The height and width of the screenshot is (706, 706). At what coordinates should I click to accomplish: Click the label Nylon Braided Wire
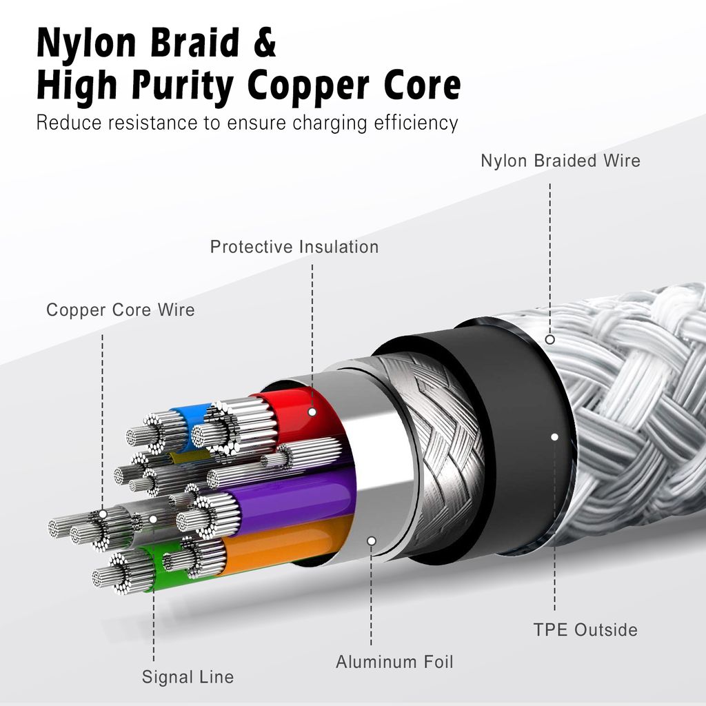[x=560, y=161]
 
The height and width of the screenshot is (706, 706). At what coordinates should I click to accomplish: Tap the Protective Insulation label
[x=294, y=247]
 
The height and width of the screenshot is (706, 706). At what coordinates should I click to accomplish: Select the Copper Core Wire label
[x=120, y=310]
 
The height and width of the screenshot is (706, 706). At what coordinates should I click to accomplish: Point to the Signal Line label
[x=188, y=677]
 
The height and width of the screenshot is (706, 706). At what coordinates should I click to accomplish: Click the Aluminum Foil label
[x=394, y=663]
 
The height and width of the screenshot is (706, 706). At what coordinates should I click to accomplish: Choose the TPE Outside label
[x=585, y=629]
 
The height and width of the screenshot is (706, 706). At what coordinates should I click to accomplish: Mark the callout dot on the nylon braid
[x=550, y=339]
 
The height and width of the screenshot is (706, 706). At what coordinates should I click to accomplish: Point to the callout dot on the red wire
[x=312, y=412]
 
